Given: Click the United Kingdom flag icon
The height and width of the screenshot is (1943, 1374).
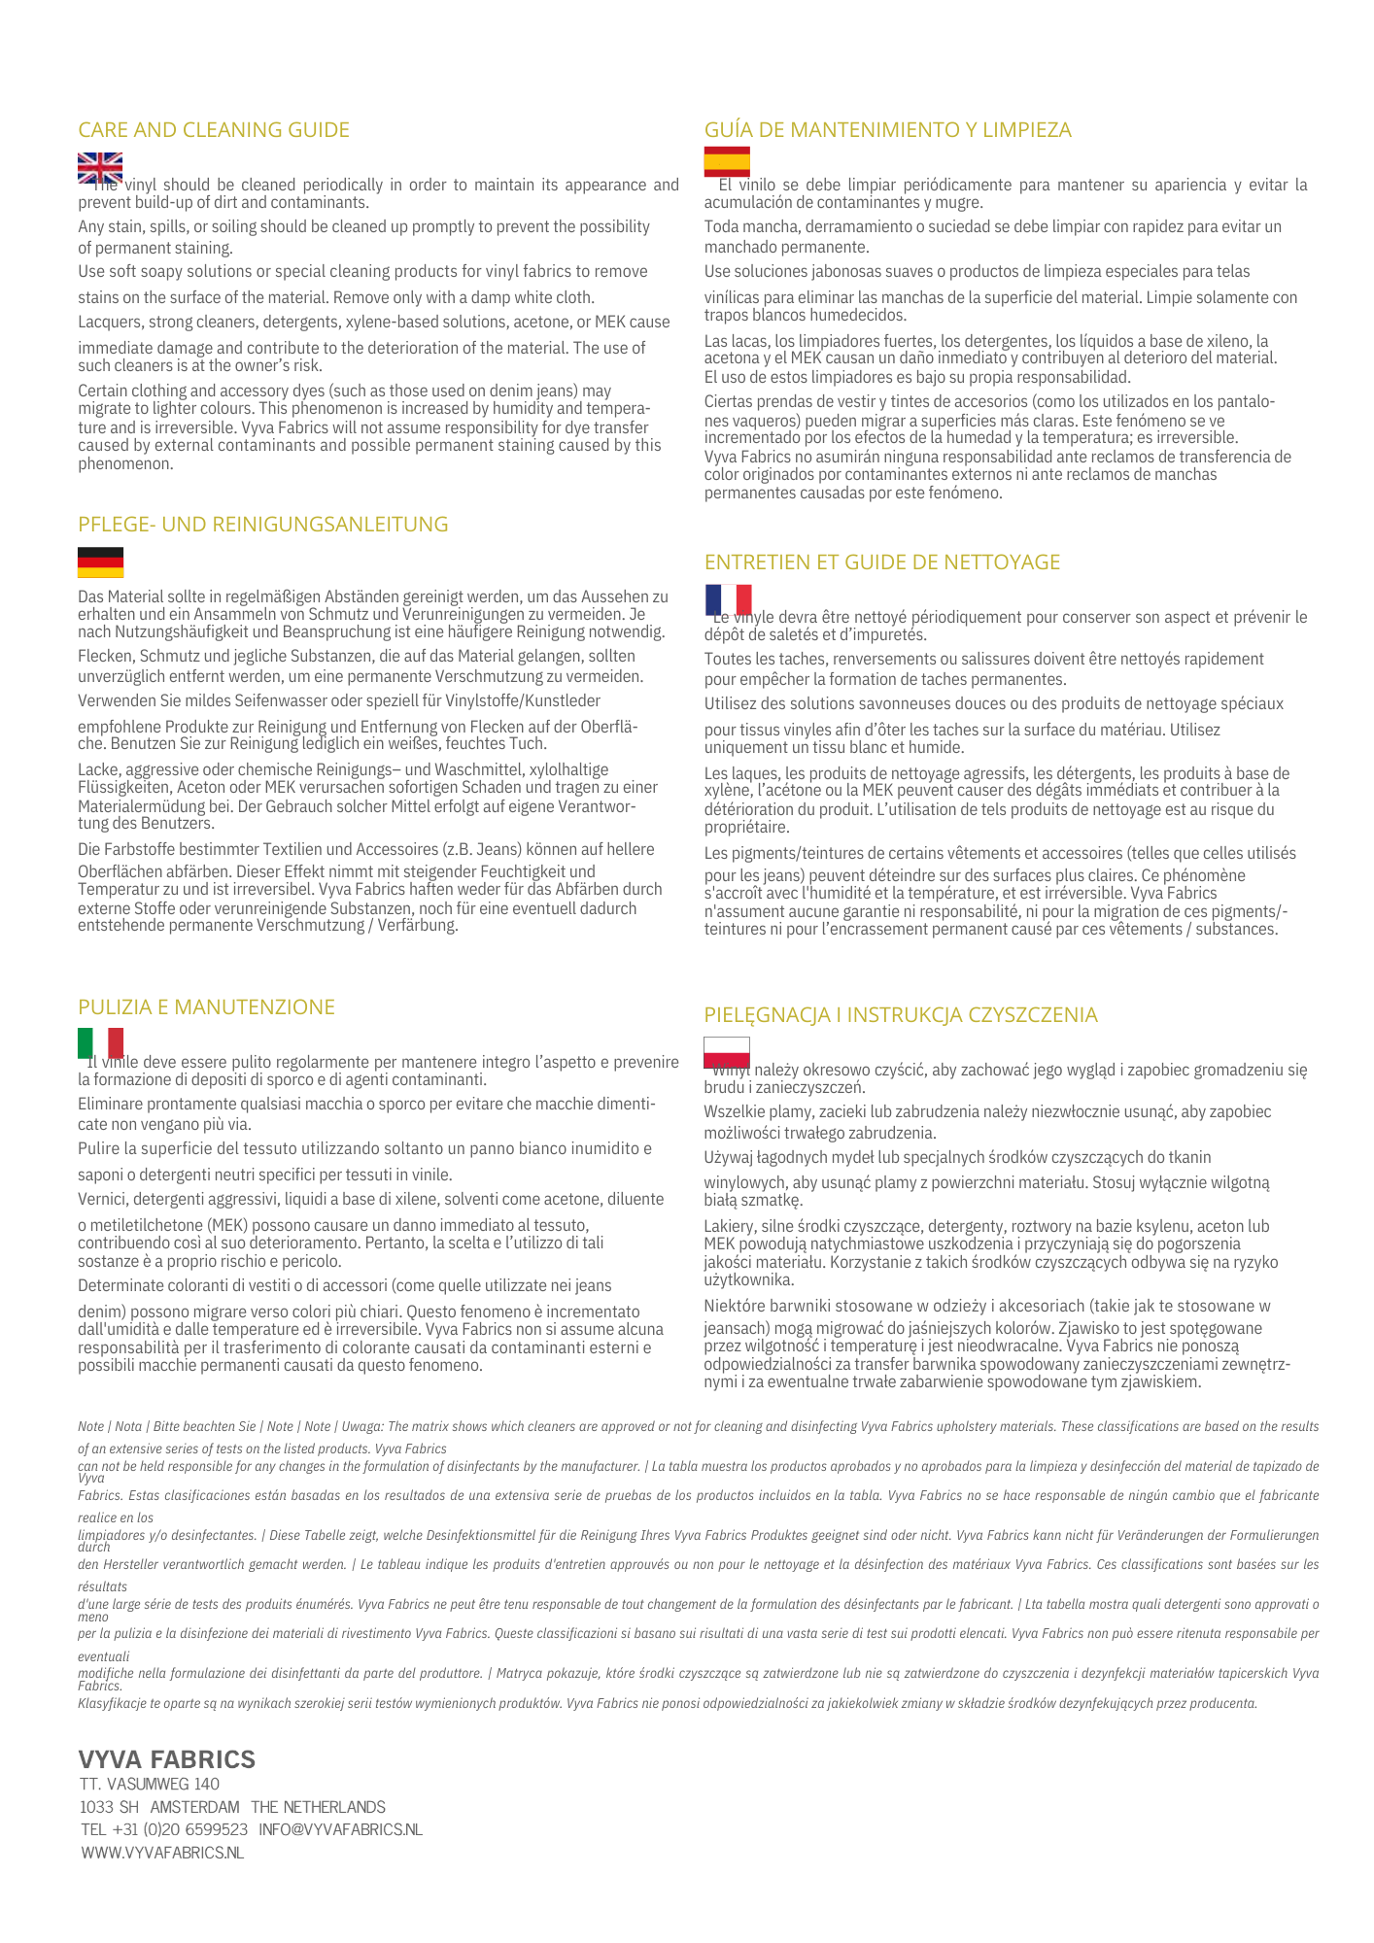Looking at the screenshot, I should click(100, 168).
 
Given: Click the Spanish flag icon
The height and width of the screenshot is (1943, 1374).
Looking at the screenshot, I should click(727, 162).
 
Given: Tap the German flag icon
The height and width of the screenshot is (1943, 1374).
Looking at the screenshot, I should click(100, 562).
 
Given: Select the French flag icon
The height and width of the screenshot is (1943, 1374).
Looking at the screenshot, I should click(728, 600).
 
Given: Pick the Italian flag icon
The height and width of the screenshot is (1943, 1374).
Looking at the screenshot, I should click(100, 1043).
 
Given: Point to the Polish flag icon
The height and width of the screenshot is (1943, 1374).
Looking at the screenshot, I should click(727, 1052).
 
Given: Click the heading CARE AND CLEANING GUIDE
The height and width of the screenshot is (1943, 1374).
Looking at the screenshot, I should click(214, 130).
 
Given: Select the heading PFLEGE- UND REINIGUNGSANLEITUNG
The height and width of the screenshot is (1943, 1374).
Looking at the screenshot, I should click(263, 525).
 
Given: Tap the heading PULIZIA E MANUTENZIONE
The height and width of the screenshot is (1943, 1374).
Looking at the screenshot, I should click(206, 1007).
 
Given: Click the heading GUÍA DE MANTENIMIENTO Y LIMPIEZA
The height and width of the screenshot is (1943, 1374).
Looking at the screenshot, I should click(887, 130).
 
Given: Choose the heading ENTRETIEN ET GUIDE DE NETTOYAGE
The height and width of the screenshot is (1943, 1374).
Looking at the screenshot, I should click(881, 562).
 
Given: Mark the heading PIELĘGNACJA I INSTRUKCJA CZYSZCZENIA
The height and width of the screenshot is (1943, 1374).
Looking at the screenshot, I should click(901, 1015).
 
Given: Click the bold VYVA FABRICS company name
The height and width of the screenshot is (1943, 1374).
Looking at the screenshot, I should click(166, 1759).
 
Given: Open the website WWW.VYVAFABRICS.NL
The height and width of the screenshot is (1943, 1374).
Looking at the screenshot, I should click(161, 1853).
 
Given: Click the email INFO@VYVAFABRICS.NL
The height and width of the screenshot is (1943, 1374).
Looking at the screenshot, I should click(340, 1829).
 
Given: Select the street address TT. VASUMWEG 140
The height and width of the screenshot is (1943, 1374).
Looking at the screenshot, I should click(150, 1784).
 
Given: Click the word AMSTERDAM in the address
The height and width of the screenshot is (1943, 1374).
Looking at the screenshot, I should click(194, 1807).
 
